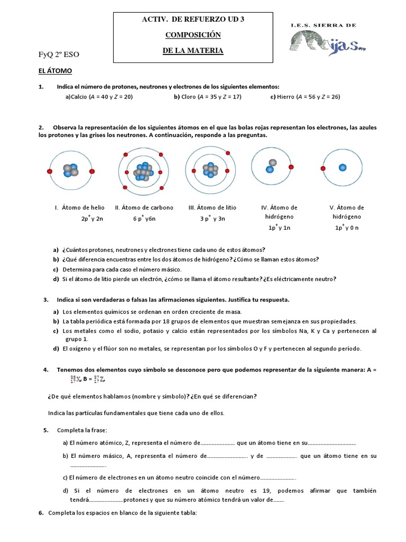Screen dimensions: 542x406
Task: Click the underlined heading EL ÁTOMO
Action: coord(55,70)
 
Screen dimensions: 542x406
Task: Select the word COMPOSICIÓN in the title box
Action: coord(193,35)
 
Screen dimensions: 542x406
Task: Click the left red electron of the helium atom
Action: coord(50,171)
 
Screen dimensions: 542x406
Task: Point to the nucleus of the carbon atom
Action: coord(143,171)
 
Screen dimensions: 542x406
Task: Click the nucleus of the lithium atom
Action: coord(211,171)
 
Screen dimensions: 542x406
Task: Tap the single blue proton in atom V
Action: coord(343,167)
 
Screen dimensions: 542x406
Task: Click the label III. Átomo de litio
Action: coord(212,207)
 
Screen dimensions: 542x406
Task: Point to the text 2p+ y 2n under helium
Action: coord(92,218)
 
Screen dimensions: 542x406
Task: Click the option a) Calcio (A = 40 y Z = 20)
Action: coord(99,97)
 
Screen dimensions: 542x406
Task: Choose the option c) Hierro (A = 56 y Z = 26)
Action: coord(305,97)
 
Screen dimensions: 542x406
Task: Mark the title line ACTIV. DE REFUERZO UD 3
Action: coord(193,20)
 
